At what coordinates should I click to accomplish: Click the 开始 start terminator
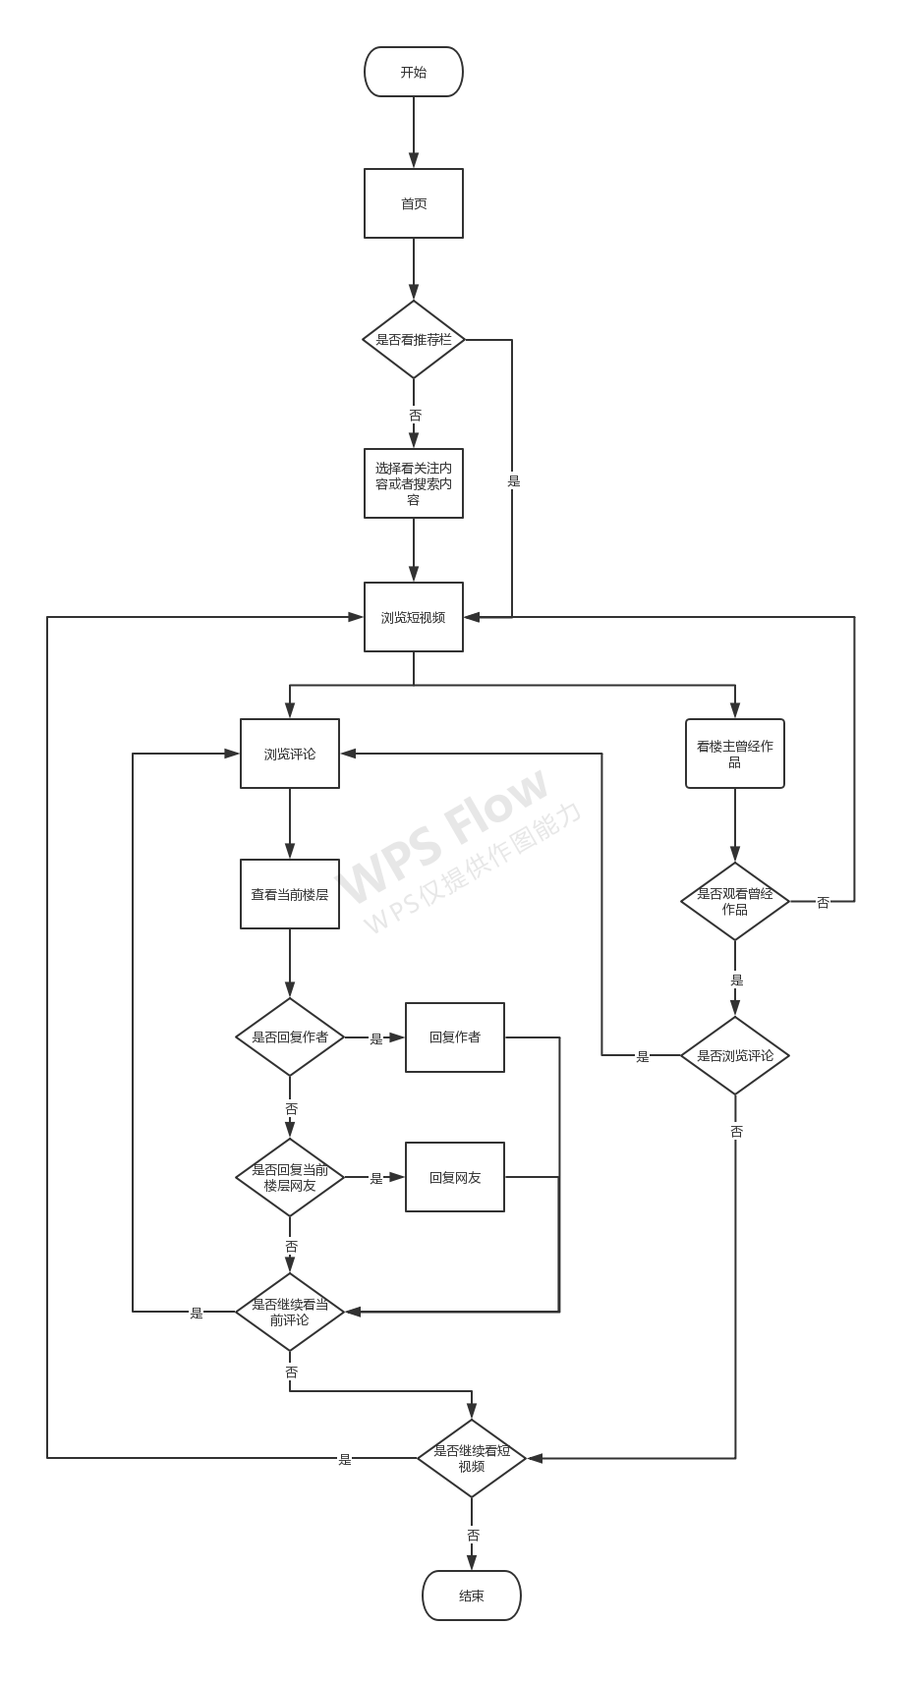click(x=413, y=72)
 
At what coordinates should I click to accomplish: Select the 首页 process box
click(x=413, y=203)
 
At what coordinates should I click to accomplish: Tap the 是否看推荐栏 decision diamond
click(x=413, y=340)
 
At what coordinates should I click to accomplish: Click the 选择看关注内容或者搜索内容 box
click(x=413, y=483)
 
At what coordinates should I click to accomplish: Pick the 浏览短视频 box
click(x=413, y=617)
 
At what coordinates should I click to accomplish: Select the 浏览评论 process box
click(x=290, y=754)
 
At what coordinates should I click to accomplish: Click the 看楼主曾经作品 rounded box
click(x=734, y=754)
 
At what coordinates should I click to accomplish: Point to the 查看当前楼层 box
click(x=290, y=894)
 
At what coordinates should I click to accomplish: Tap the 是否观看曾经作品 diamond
click(x=734, y=901)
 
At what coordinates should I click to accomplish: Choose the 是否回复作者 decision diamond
click(x=290, y=1037)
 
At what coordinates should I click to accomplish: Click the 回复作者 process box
click(x=455, y=1037)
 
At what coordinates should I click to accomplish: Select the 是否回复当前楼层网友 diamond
click(x=290, y=1177)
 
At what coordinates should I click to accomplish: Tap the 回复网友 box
click(x=455, y=1177)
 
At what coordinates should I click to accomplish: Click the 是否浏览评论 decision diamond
click(x=734, y=1056)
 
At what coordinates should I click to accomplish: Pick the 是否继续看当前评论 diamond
click(x=290, y=1312)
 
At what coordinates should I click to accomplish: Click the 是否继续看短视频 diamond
click(x=472, y=1458)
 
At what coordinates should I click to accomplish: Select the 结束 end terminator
click(x=472, y=1596)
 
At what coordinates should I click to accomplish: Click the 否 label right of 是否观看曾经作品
click(x=823, y=902)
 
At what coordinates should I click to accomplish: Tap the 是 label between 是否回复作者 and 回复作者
click(x=375, y=1038)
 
